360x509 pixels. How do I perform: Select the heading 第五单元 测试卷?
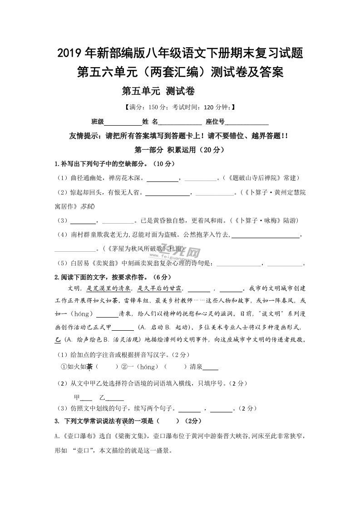pyautogui.click(x=158, y=91)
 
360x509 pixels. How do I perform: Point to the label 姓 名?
pyautogui.click(x=150, y=122)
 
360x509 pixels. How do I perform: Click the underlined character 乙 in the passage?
pyautogui.click(x=57, y=340)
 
